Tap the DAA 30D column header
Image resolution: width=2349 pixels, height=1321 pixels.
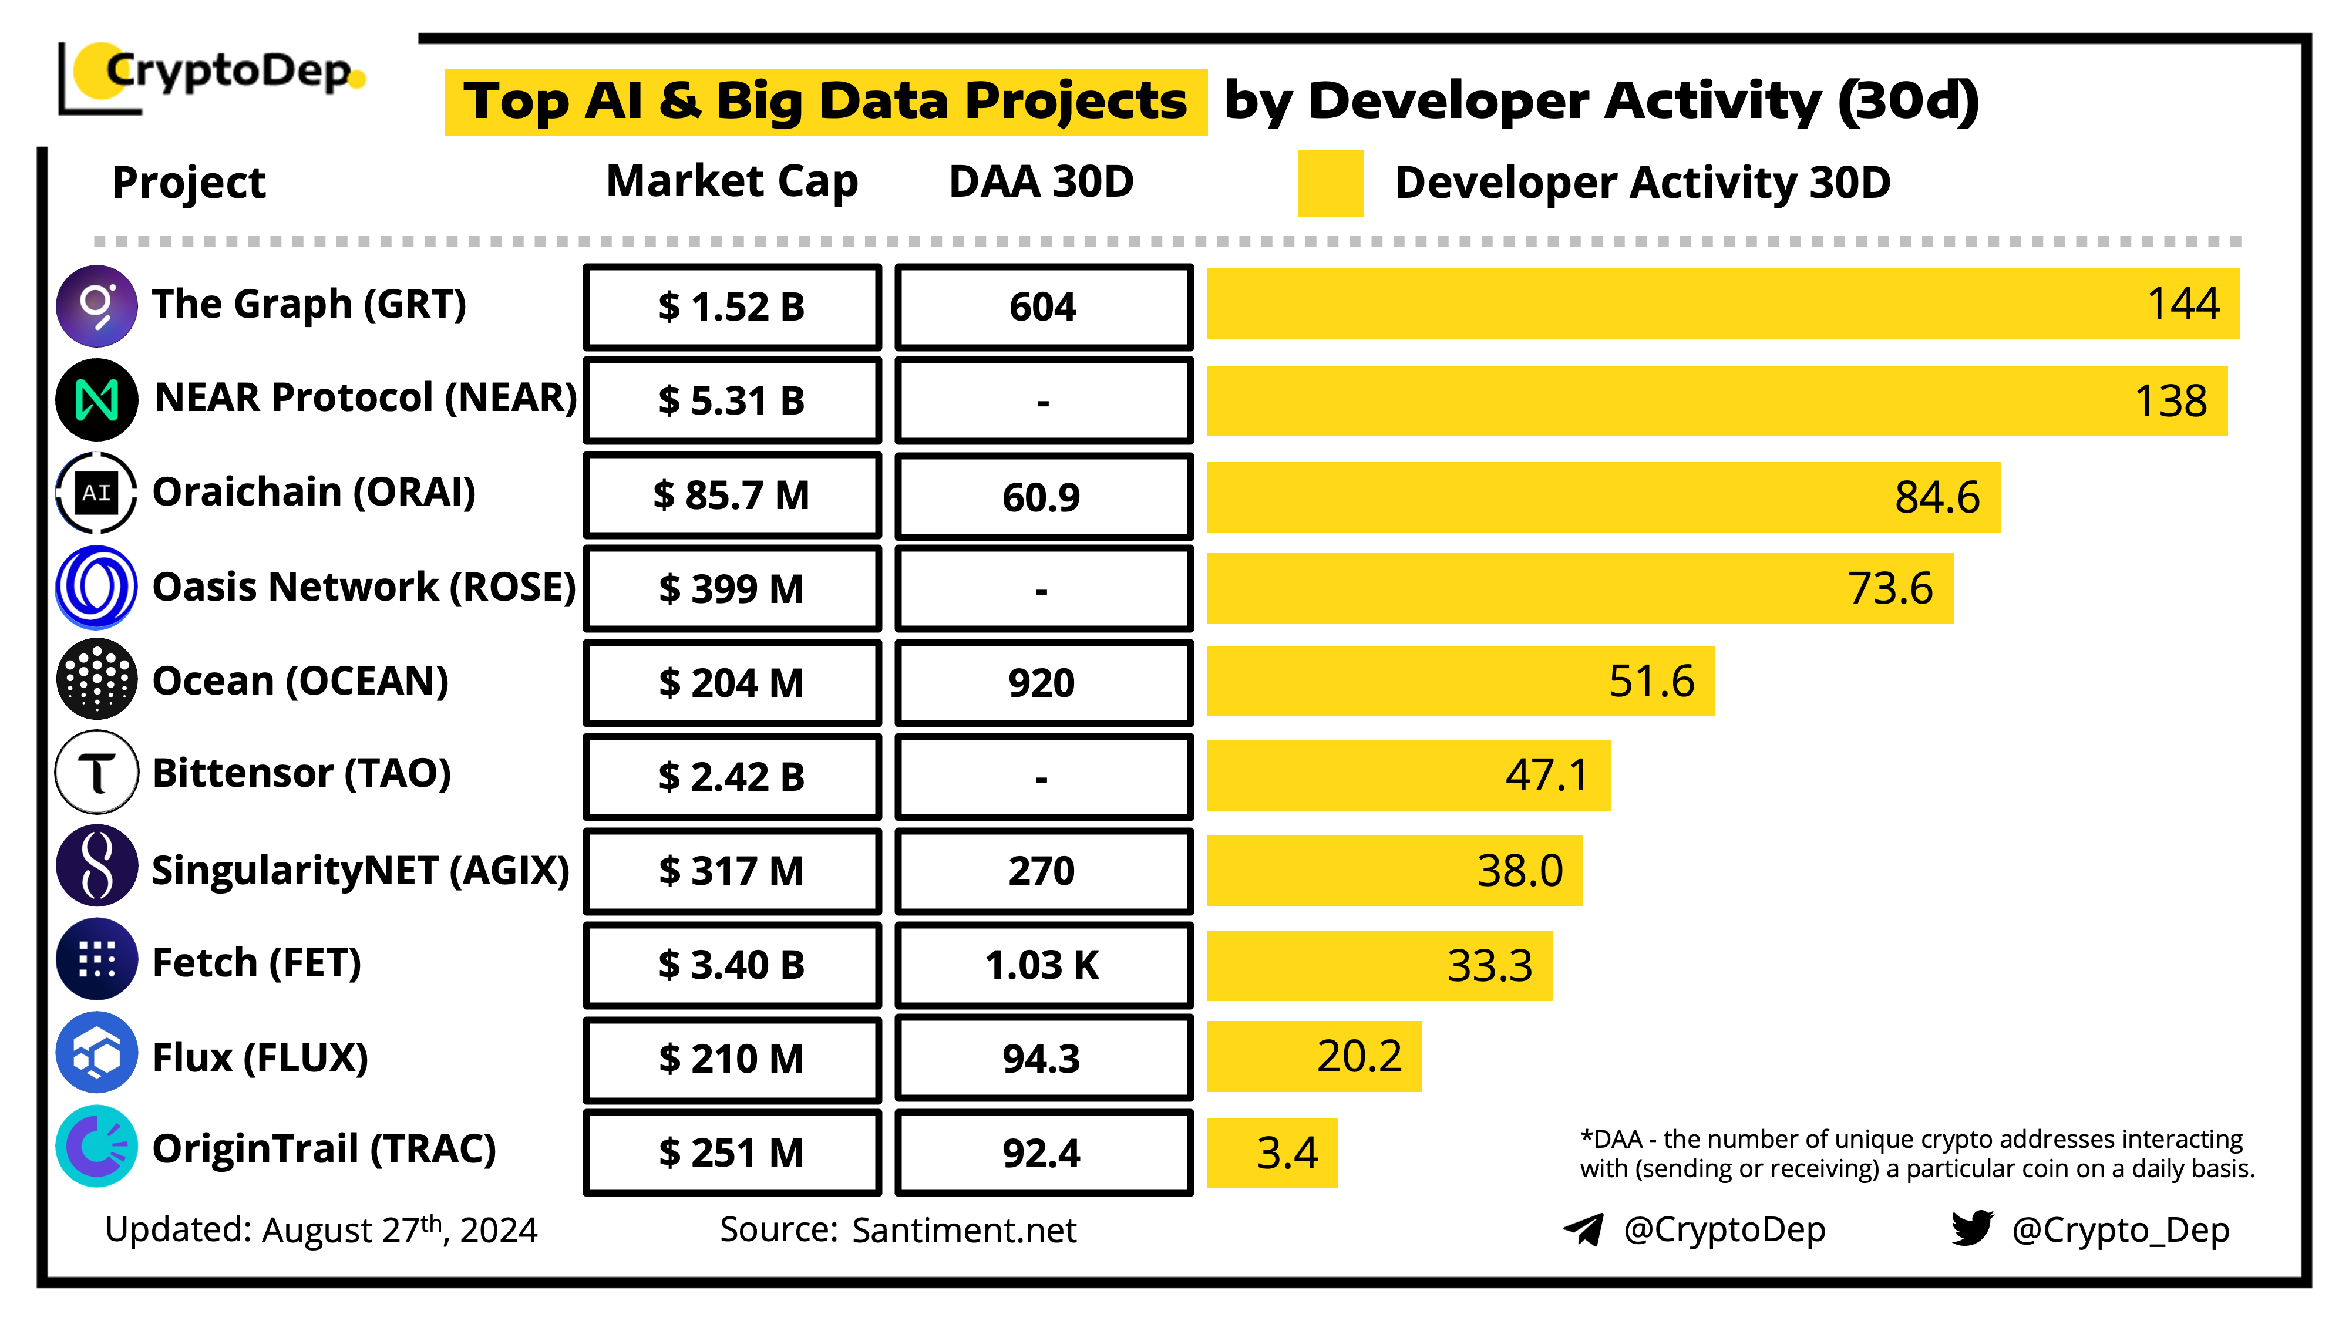coord(1041,181)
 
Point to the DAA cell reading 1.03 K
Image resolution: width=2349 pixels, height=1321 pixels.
coord(1043,965)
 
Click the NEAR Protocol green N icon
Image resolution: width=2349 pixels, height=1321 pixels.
coord(97,399)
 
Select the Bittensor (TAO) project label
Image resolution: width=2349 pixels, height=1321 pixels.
coord(301,773)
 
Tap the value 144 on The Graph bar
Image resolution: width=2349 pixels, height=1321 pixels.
coord(2182,304)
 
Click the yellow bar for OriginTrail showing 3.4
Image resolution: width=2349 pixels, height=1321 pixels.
coord(1271,1152)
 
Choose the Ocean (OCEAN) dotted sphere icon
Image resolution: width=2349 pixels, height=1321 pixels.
coord(97,679)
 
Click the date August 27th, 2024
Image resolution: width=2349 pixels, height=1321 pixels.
coord(399,1230)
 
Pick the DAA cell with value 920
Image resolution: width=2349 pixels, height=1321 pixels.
coord(1043,683)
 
